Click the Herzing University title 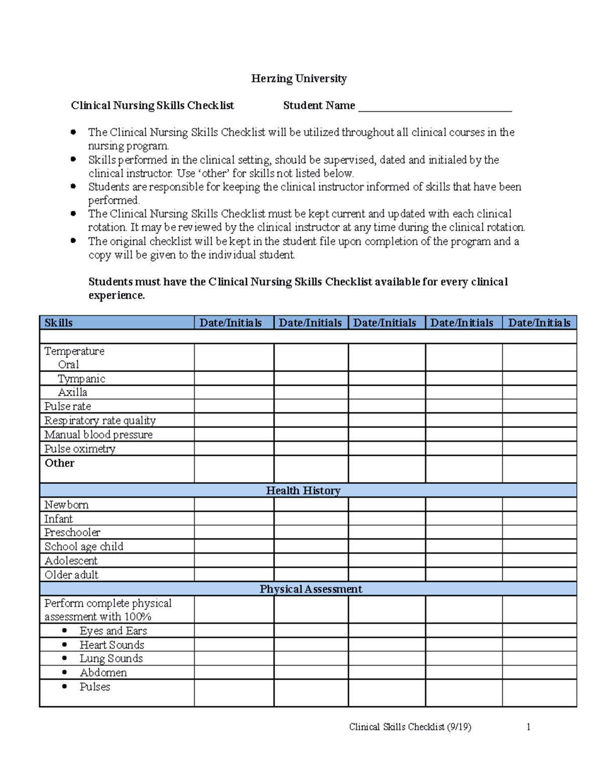[298, 79]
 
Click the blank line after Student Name [434, 107]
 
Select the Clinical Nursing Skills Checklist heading [152, 105]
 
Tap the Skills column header [59, 323]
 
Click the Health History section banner [303, 490]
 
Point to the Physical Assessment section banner [311, 589]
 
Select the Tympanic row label [81, 379]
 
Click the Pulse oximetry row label [80, 448]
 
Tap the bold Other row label [60, 463]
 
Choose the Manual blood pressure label [98, 434]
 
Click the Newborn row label [66, 505]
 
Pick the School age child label [84, 546]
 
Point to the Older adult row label [71, 575]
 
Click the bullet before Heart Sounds [65, 645]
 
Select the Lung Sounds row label [111, 658]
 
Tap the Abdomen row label [103, 673]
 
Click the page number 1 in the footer [528, 727]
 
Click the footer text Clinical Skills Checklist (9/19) [410, 727]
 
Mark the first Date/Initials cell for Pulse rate [234, 406]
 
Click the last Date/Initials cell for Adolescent [539, 560]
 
